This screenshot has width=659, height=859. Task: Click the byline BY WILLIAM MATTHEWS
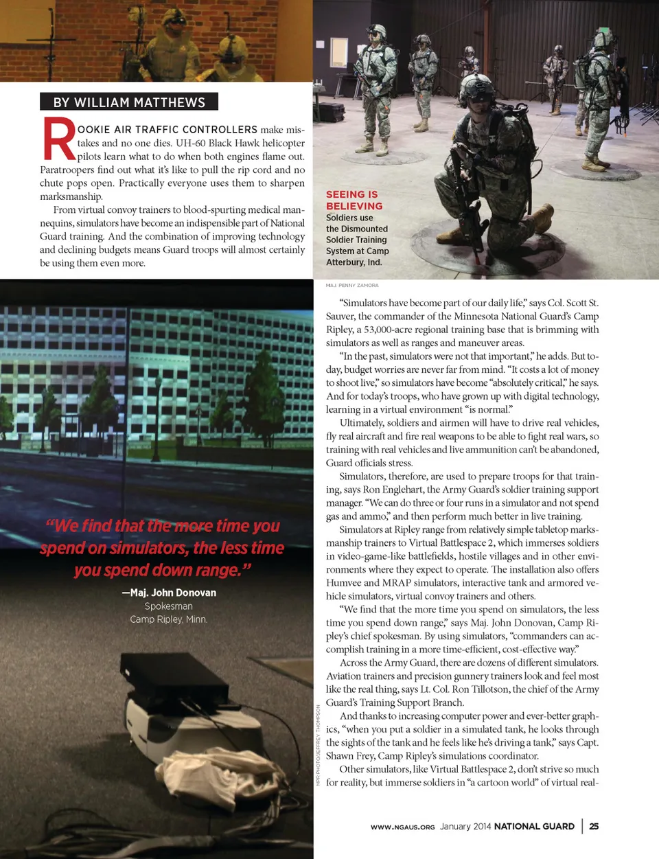129,102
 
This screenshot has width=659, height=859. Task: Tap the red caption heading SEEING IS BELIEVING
354,200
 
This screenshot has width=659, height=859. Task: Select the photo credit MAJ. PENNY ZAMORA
352,285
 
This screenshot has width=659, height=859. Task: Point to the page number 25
594,826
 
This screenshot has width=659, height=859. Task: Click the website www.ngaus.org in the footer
402,827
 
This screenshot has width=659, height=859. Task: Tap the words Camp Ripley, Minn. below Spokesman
168,619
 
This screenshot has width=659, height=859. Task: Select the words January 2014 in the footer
465,826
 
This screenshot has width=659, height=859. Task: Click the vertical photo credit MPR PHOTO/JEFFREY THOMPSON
318,745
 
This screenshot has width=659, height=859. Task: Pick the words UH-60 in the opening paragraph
190,143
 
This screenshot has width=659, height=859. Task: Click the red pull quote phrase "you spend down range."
163,570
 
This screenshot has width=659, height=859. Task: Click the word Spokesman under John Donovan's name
168,606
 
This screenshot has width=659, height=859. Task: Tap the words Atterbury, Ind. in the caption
354,262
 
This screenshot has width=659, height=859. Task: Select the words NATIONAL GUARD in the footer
534,826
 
